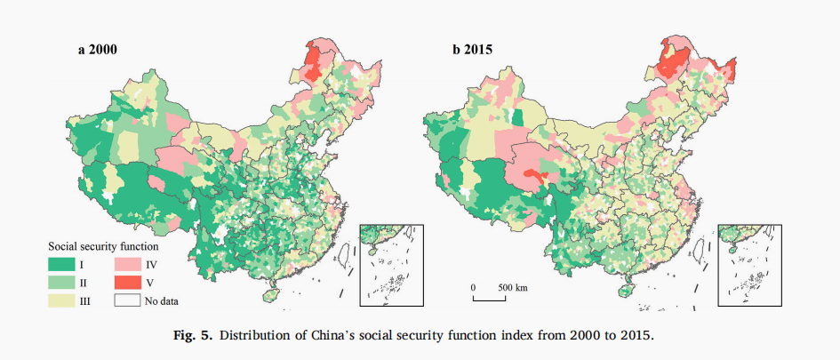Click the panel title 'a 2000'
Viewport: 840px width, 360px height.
[x=97, y=51]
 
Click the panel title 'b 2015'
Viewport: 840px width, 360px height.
[x=474, y=51]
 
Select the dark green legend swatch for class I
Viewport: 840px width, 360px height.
[x=62, y=264]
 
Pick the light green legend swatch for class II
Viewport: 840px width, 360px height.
[x=62, y=282]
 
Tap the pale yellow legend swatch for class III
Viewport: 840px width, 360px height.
[x=62, y=300]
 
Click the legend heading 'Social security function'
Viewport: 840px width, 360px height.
[x=102, y=244]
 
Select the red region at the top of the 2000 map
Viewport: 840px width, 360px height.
[x=313, y=64]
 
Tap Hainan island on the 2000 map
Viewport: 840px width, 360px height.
[x=267, y=294]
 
